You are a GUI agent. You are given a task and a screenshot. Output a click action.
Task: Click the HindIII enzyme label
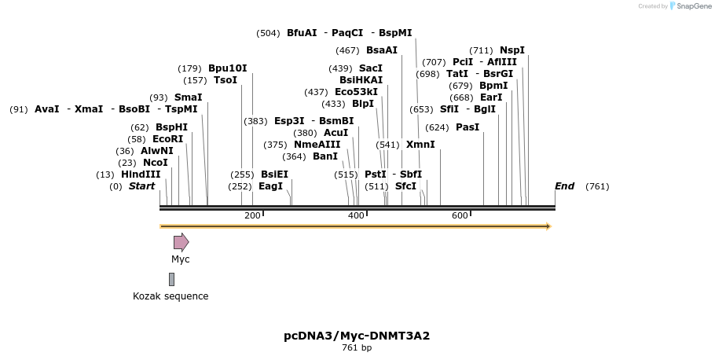coord(141,174)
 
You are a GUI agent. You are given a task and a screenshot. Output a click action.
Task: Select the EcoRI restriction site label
coord(167,139)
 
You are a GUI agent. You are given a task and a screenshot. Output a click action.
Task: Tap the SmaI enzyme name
coord(188,97)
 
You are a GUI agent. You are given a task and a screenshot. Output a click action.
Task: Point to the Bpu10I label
coord(227,68)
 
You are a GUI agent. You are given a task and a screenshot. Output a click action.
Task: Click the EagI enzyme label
coord(270,186)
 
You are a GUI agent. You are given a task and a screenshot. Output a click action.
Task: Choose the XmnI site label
coord(420,145)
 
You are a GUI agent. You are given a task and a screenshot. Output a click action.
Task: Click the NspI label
coord(512,50)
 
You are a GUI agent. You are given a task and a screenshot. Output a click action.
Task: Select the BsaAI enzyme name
coord(382,50)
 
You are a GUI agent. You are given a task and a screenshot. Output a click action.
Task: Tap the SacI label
coord(371,68)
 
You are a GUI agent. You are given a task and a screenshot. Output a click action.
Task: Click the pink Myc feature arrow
coord(181,242)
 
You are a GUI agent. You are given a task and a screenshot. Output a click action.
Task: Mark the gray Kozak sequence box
coord(171,279)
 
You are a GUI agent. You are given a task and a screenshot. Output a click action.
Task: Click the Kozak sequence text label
coord(170,296)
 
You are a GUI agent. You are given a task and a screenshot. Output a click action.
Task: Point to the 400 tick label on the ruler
coord(356,216)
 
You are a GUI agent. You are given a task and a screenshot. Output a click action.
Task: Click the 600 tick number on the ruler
coord(460,216)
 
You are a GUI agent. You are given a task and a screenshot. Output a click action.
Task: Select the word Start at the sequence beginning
coord(141,186)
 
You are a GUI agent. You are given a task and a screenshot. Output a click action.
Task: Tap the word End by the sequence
coord(564,186)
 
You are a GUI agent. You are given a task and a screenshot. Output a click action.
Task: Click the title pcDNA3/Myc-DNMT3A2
coord(357,336)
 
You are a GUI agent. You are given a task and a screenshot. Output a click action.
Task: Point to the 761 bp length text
coord(357,347)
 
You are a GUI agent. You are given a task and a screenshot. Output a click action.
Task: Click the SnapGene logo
coord(689,6)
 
